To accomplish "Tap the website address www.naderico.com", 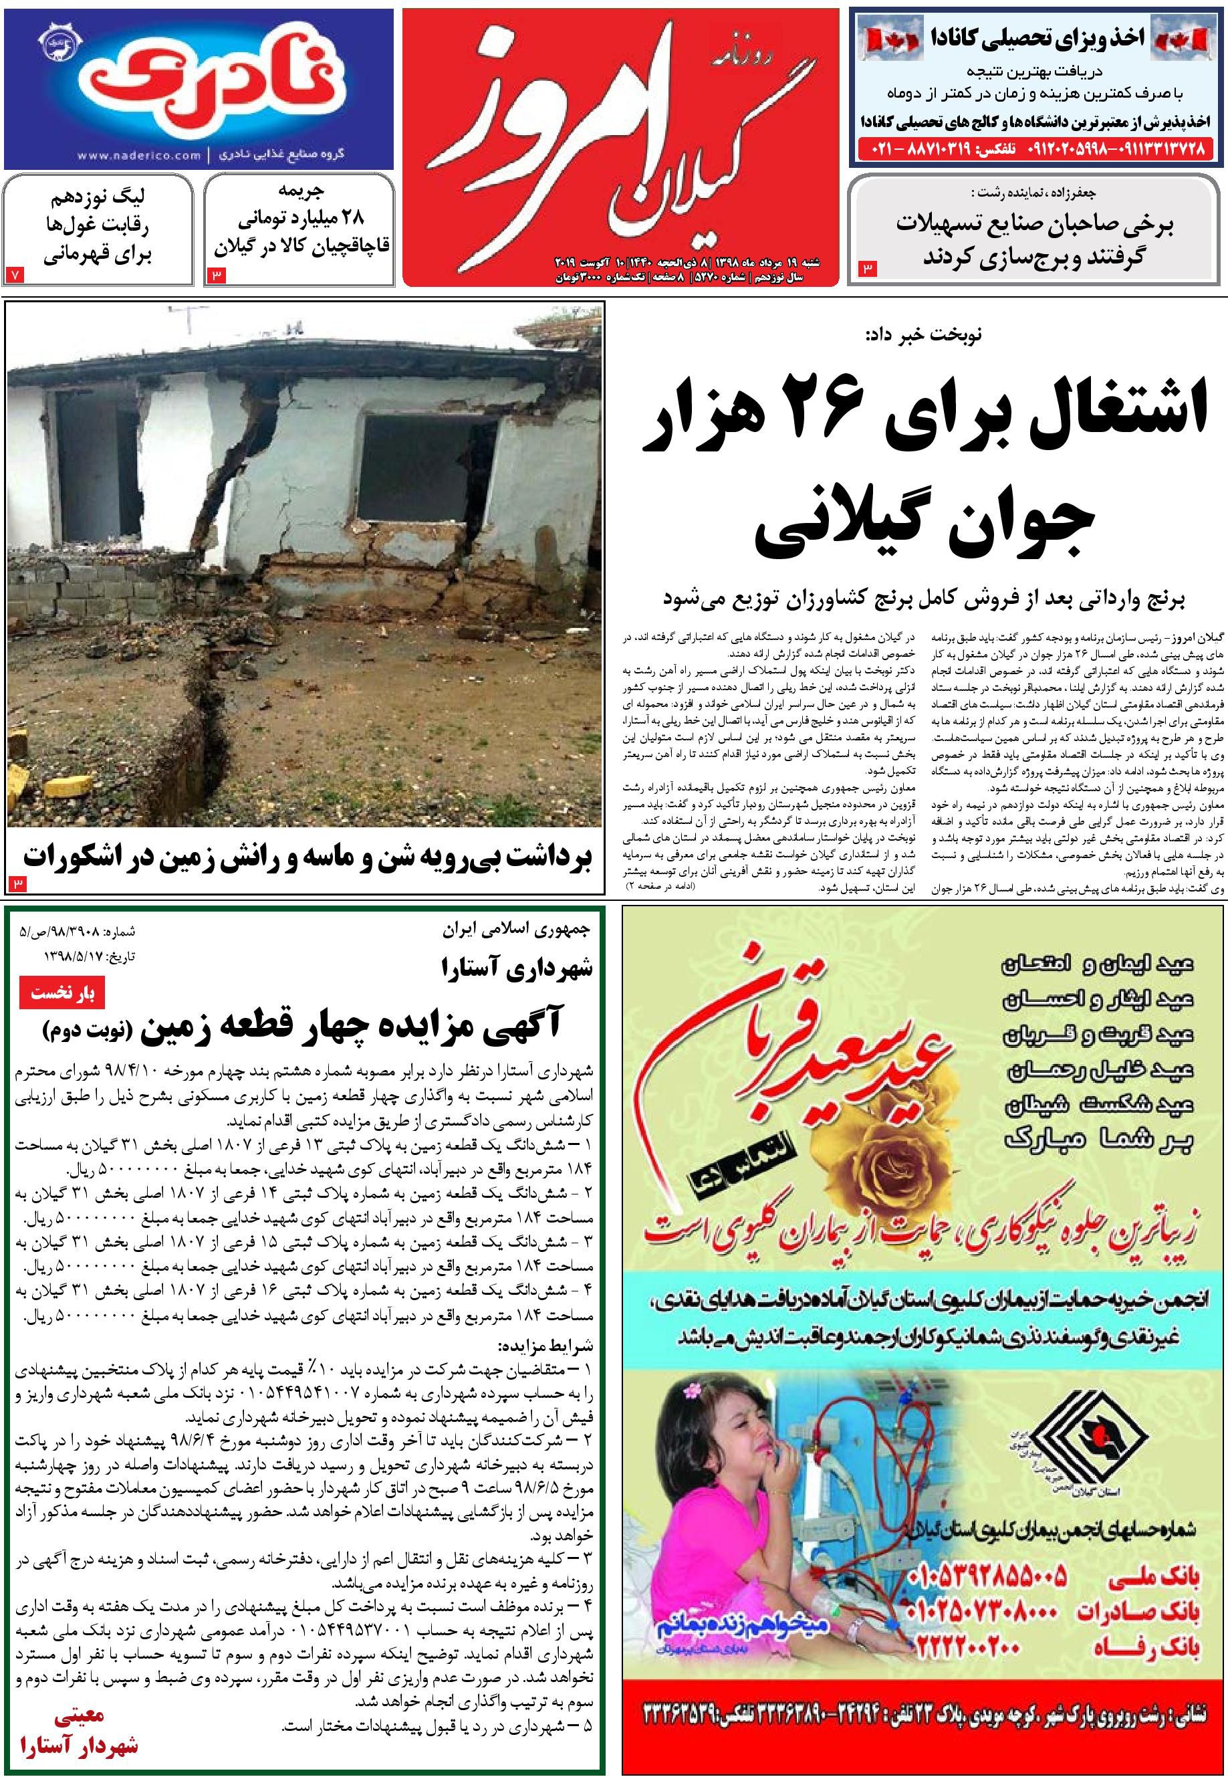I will [138, 155].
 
